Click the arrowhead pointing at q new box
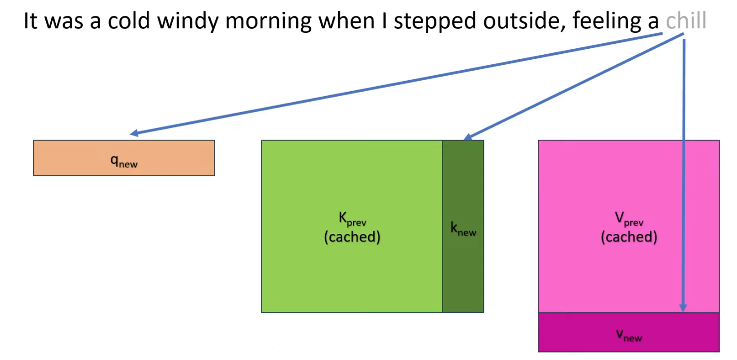click(x=133, y=133)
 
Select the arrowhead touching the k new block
click(x=467, y=137)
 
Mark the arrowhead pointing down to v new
click(x=683, y=308)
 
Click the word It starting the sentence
click(x=31, y=22)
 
